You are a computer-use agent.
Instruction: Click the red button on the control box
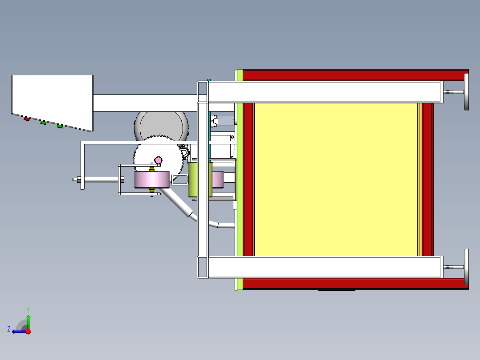pyautogui.click(x=27, y=119)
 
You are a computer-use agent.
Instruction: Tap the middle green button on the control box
pyautogui.click(x=43, y=123)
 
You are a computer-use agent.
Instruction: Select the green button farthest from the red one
pyautogui.click(x=60, y=127)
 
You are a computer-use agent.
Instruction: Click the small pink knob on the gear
pyautogui.click(x=158, y=160)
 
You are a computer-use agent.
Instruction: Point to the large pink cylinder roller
pyautogui.click(x=152, y=180)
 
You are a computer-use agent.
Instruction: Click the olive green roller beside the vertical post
pyautogui.click(x=193, y=180)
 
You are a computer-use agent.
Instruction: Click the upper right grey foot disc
pyautogui.click(x=466, y=92)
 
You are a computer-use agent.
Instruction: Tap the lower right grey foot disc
pyautogui.click(x=466, y=267)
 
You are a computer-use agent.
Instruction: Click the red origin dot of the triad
pyautogui.click(x=28, y=331)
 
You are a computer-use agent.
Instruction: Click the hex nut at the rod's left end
pyautogui.click(x=78, y=180)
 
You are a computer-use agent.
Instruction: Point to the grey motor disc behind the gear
pyautogui.click(x=161, y=125)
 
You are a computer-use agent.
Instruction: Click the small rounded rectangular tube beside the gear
pyautogui.click(x=180, y=179)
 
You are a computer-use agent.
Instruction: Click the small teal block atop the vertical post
pyautogui.click(x=208, y=80)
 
